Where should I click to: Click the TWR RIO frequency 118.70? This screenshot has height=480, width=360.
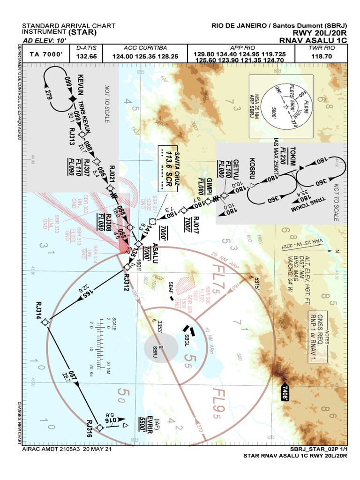(x=321, y=56)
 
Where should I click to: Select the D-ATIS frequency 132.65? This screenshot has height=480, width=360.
(x=86, y=56)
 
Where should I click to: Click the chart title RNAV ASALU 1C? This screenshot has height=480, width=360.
(x=313, y=40)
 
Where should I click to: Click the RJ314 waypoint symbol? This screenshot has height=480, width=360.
(x=45, y=322)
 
